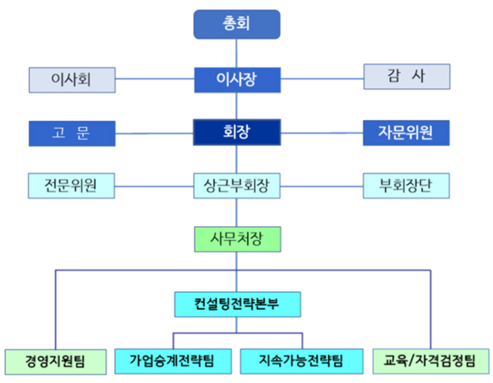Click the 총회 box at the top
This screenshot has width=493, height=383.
237,25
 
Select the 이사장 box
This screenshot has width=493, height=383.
237,80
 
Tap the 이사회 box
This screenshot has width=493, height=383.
72,80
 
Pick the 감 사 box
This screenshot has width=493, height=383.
406,77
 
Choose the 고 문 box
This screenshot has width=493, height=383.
72,134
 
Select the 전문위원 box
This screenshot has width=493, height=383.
72,186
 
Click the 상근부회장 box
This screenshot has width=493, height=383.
237,186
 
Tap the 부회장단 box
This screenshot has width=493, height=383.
406,186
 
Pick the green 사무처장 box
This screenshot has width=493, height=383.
237,239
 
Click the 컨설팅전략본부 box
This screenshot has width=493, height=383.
237,304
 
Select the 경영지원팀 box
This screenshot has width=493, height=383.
55,361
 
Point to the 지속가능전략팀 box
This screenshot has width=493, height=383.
301,361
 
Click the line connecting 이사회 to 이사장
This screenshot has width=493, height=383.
154,79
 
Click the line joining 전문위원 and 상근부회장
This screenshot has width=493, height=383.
154,186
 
